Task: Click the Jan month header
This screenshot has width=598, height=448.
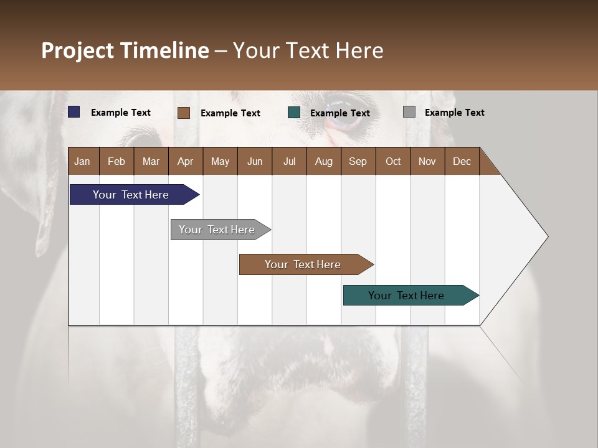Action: [82, 161]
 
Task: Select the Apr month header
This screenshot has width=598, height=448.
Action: [185, 161]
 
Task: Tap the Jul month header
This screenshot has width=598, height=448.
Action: [289, 161]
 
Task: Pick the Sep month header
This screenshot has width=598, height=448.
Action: [358, 161]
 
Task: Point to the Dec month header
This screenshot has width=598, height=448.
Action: [462, 161]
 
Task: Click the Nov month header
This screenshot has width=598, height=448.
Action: [427, 161]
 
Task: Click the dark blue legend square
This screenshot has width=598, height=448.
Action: [74, 112]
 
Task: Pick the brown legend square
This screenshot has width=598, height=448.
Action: [184, 113]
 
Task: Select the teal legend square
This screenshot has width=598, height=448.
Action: [294, 113]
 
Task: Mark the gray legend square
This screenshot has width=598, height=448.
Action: [409, 112]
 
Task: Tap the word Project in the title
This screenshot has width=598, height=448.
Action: [77, 50]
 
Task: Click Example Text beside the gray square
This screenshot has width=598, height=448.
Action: [454, 112]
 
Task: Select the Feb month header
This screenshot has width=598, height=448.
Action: [116, 161]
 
